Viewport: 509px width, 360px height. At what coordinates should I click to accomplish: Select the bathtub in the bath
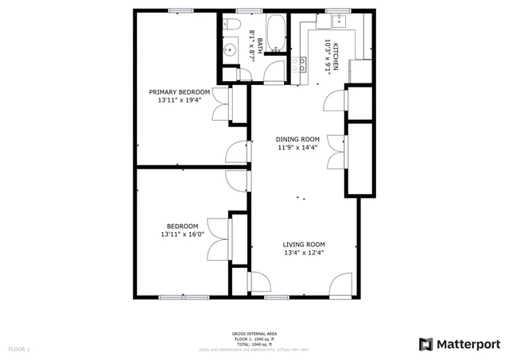click(278, 33)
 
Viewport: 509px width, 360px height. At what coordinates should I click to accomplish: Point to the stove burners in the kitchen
click(300, 64)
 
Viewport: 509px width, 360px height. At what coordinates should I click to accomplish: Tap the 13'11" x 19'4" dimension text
click(180, 101)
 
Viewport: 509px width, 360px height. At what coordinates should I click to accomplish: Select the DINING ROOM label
click(298, 139)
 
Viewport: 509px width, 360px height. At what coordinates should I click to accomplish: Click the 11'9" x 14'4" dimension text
click(298, 148)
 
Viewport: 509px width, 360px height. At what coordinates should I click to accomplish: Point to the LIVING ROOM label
click(305, 245)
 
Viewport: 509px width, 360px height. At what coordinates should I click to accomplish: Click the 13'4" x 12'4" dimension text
click(305, 254)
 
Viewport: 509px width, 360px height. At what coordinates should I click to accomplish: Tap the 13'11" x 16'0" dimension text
click(182, 234)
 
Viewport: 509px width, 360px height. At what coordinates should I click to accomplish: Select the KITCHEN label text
click(336, 56)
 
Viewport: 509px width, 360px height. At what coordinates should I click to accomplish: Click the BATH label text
click(259, 36)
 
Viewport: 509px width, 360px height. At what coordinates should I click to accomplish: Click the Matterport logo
click(460, 343)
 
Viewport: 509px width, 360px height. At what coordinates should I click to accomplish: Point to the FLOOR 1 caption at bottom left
click(19, 349)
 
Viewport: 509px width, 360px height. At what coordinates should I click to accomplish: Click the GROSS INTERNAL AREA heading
click(254, 334)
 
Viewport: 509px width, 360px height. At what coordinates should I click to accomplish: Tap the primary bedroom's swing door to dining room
click(237, 152)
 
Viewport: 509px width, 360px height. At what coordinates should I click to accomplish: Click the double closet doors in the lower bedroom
click(218, 238)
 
